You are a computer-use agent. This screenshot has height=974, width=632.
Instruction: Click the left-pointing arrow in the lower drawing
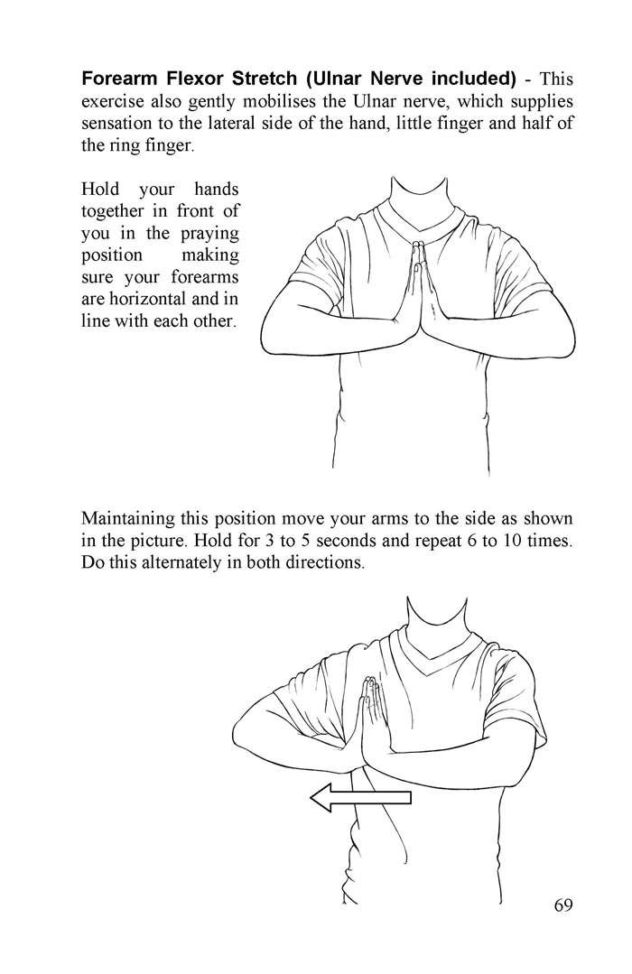click(360, 797)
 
